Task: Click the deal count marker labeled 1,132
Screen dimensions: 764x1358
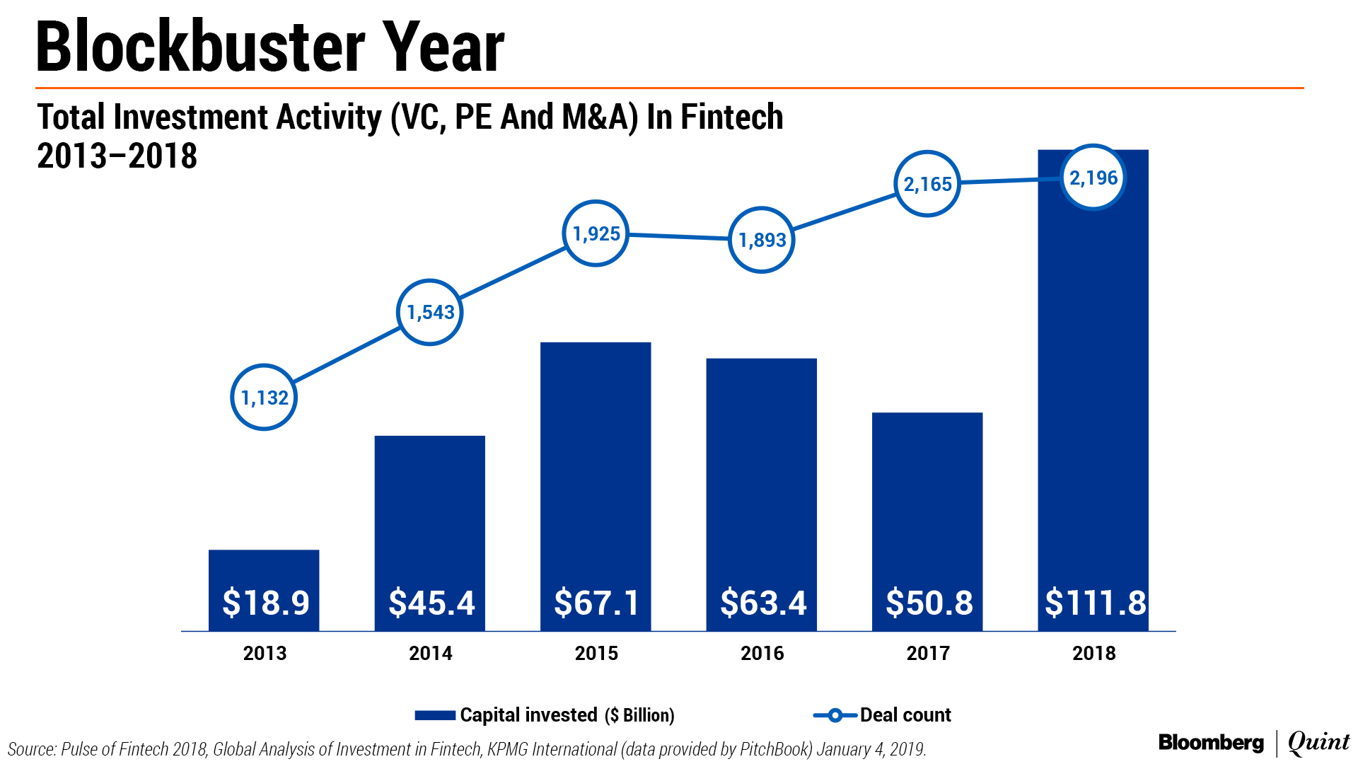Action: (x=264, y=398)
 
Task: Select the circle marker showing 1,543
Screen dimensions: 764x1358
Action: (x=430, y=312)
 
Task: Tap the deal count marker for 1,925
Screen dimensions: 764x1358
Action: (x=596, y=233)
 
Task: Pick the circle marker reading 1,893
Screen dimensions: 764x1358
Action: (x=762, y=240)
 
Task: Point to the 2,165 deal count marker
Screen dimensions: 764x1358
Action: (x=927, y=184)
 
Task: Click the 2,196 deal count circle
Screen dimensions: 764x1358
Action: (x=1093, y=178)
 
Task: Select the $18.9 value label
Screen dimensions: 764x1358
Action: (x=265, y=603)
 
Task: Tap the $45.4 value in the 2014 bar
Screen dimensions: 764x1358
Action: (x=431, y=603)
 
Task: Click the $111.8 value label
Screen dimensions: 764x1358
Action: (x=1095, y=603)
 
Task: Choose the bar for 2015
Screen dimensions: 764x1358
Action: (x=596, y=460)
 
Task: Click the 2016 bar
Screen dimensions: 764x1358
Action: (x=762, y=467)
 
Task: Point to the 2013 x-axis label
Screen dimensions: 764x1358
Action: (x=265, y=653)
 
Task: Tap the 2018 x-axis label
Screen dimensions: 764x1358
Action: (x=1093, y=653)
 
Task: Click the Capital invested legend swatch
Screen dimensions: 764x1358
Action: (x=435, y=715)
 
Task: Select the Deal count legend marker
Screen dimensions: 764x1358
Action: (x=835, y=715)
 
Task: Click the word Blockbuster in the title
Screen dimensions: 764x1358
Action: (x=199, y=48)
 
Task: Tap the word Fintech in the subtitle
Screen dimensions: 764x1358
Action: (x=731, y=117)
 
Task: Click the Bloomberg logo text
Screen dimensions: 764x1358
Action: (x=1211, y=743)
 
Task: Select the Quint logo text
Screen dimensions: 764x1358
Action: (x=1318, y=743)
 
